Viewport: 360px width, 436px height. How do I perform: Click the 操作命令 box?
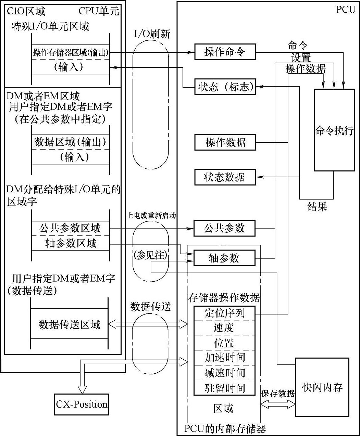tap(225, 52)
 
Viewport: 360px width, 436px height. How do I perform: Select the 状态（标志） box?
tap(225, 87)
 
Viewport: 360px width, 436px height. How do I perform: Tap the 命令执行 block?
tap(334, 130)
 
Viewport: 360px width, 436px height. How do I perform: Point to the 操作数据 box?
tap(225, 142)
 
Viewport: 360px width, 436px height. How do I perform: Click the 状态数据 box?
tap(225, 177)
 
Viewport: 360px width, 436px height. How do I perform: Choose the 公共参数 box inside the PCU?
tap(225, 228)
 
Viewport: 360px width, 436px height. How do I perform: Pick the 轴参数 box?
tap(225, 258)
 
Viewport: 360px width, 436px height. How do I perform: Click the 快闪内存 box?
tap(322, 387)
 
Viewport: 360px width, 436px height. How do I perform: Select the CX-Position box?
tap(82, 404)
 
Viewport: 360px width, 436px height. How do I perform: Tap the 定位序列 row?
tap(225, 313)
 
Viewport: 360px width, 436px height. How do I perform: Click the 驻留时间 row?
tap(225, 388)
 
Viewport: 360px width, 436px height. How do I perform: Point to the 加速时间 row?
tap(225, 358)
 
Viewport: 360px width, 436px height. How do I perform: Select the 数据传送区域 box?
tap(70, 324)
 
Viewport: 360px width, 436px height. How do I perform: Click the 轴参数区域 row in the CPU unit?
tap(71, 243)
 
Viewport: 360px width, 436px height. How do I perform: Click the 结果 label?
tap(317, 206)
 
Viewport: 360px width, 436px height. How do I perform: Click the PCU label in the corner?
tap(346, 9)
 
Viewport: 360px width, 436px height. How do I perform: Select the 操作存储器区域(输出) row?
tap(71, 53)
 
